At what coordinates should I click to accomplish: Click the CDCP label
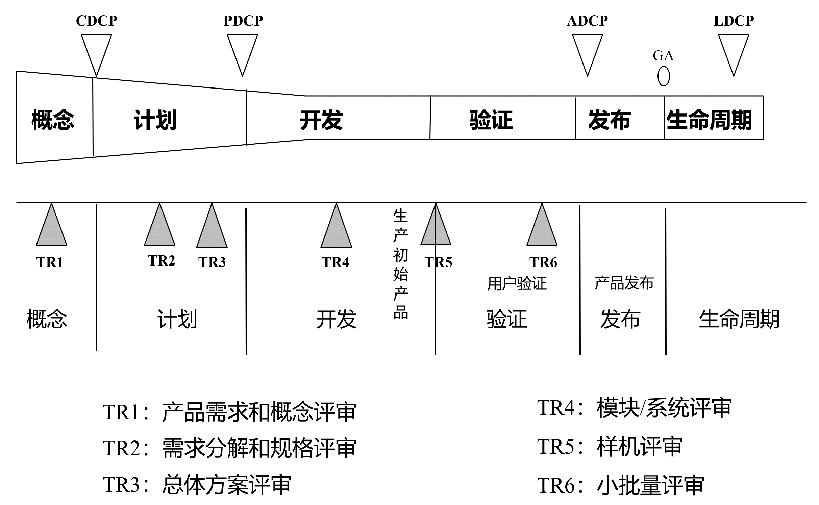click(96, 21)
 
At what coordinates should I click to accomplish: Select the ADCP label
click(587, 21)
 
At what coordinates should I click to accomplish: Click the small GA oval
click(664, 76)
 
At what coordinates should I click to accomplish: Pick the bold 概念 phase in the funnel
click(53, 120)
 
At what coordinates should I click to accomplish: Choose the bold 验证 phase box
click(491, 120)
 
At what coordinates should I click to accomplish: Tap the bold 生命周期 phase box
click(709, 120)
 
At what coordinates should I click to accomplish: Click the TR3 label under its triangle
click(212, 262)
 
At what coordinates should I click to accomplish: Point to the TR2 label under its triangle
click(162, 261)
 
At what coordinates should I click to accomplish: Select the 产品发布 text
click(624, 283)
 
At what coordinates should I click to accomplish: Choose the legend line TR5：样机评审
click(610, 447)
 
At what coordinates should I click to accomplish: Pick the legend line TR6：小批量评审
click(620, 485)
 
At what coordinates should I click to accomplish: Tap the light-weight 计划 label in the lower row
click(177, 319)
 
